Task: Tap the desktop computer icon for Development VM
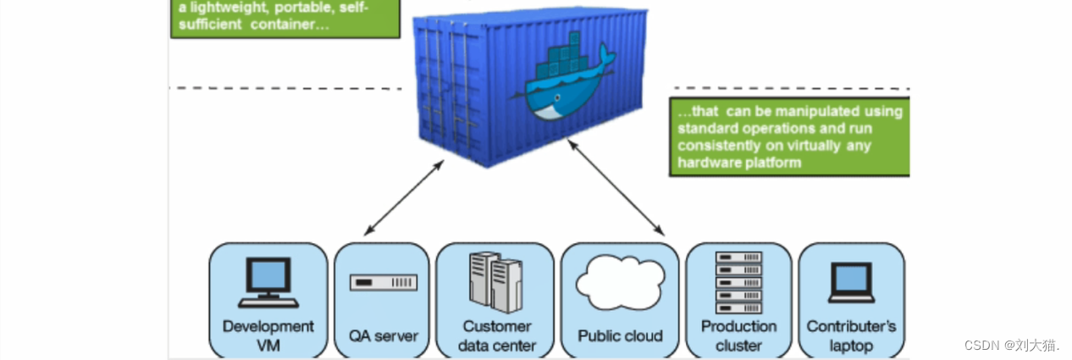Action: pos(268,282)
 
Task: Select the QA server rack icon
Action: pos(384,282)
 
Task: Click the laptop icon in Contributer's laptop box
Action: pos(851,282)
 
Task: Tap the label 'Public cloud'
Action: pos(620,336)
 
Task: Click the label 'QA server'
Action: pos(384,336)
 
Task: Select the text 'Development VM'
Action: pos(268,335)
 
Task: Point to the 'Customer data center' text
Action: pos(497,335)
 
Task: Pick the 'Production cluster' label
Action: pos(738,335)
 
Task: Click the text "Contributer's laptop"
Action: pos(851,335)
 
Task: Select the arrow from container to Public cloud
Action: pos(615,187)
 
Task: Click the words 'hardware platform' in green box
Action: pos(738,163)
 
